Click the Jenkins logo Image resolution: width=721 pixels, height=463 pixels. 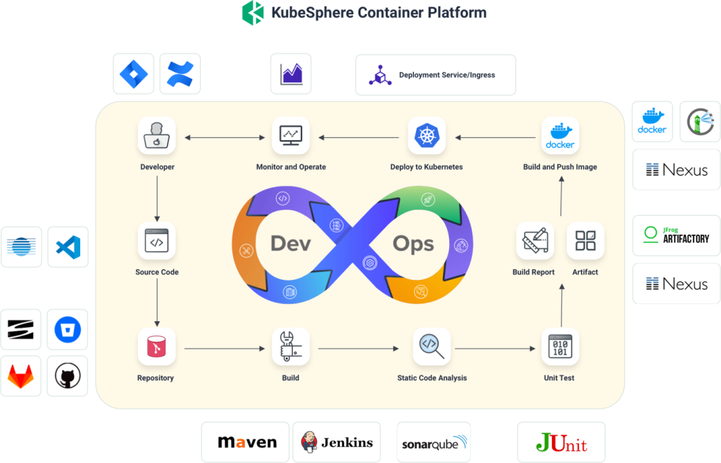point(337,443)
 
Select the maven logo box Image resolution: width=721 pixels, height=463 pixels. point(246,443)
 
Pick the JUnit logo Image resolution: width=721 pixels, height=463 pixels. point(561,443)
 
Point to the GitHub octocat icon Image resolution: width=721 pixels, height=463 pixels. point(68,376)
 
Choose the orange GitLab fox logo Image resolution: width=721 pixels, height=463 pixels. point(21,376)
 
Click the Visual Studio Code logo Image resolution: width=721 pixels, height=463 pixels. point(68,247)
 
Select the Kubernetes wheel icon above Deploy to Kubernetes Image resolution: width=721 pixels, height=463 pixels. point(427,136)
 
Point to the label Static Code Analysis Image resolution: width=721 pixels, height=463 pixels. point(432,378)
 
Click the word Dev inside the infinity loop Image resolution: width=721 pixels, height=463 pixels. point(291,243)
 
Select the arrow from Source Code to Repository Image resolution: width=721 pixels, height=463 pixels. point(156,304)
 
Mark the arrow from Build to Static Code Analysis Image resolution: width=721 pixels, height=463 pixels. point(358,348)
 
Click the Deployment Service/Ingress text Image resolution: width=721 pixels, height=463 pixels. point(446,75)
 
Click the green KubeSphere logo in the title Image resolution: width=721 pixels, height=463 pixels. point(253,13)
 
